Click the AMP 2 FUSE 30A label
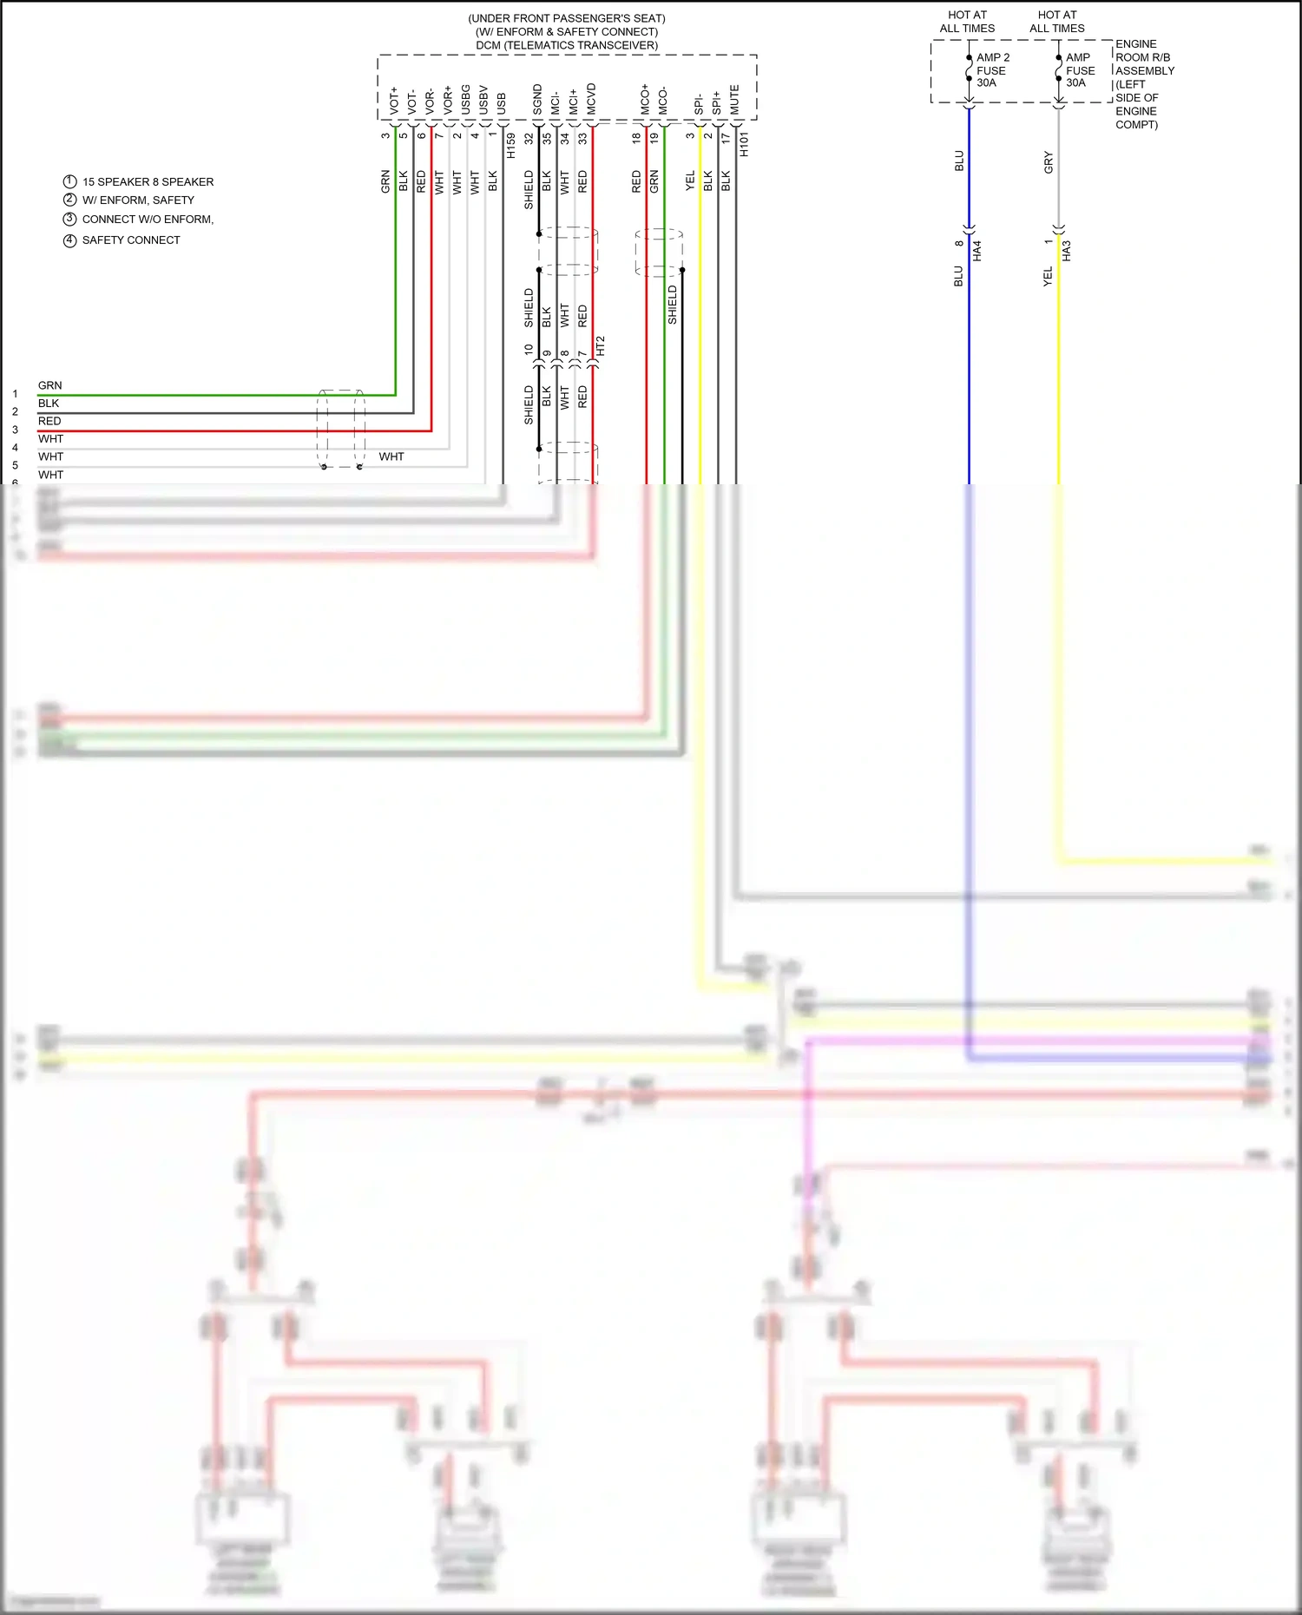[992, 70]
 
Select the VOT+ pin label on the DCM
[394, 100]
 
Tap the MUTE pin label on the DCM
[734, 100]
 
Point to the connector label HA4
[976, 251]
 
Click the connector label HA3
[1066, 251]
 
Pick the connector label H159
[510, 145]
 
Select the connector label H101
[744, 145]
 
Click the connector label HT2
[600, 346]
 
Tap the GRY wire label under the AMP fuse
[1048, 162]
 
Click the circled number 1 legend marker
[70, 181]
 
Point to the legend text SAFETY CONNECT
[131, 240]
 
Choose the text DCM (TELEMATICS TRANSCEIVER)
[567, 45]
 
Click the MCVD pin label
[591, 99]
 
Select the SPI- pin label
[699, 104]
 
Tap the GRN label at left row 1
[49, 385]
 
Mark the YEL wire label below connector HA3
[1048, 277]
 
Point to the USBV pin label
[483, 100]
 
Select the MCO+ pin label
[645, 99]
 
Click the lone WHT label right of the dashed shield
[391, 456]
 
